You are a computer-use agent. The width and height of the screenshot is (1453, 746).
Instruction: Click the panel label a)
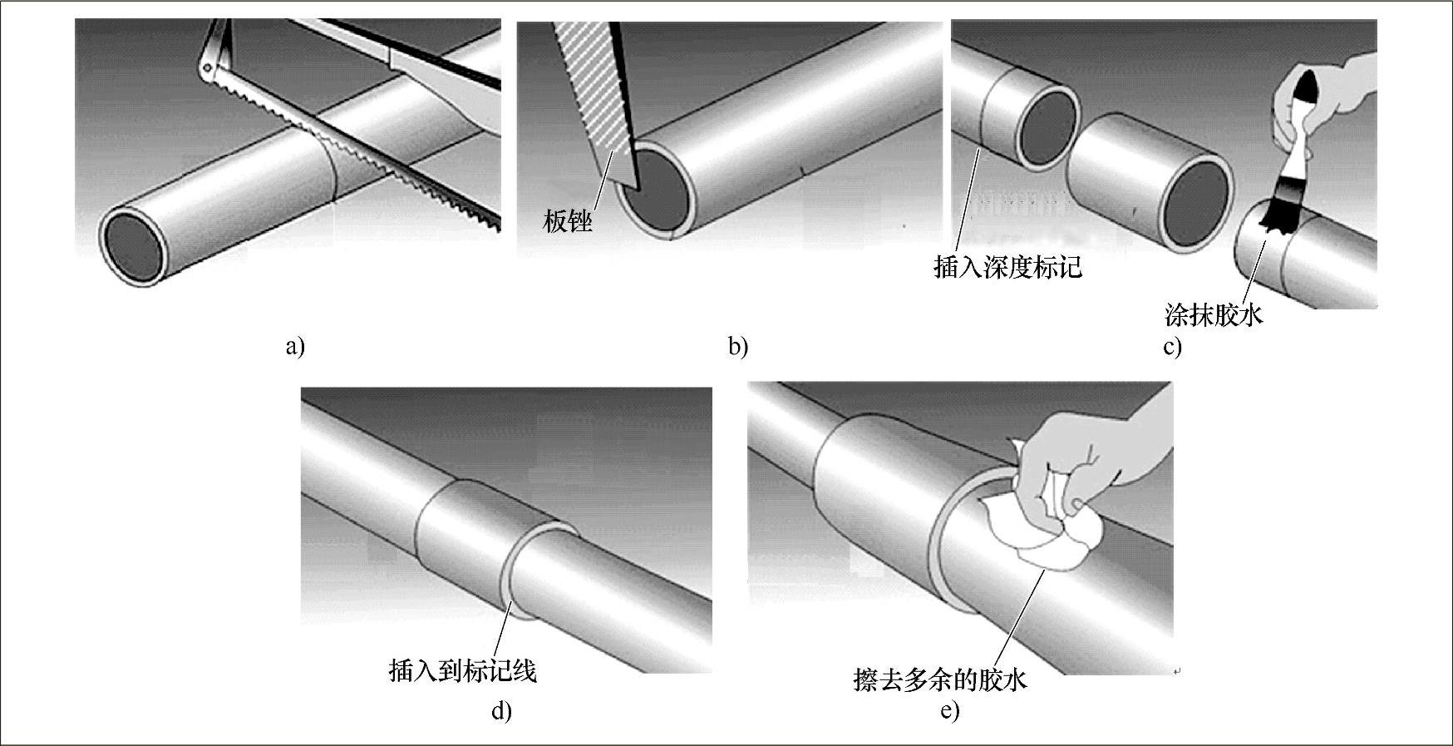pos(295,346)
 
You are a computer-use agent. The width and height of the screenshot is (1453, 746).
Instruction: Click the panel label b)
pos(737,346)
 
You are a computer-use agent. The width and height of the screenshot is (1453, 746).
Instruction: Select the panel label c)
pos(1172,347)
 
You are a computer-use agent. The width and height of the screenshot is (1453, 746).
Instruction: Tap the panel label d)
pos(501,711)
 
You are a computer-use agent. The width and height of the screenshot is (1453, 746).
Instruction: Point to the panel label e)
pos(949,711)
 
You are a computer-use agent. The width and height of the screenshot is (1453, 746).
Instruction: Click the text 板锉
pos(569,221)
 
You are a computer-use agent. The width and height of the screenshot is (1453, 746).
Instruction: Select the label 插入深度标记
pos(1008,267)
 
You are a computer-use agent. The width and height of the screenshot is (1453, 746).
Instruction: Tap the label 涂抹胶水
pos(1214,315)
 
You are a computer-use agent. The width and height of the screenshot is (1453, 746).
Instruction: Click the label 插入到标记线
pos(463,670)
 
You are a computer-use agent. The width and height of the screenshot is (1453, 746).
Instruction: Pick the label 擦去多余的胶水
pos(940,679)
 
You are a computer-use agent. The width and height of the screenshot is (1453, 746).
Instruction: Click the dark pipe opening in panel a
pos(132,246)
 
